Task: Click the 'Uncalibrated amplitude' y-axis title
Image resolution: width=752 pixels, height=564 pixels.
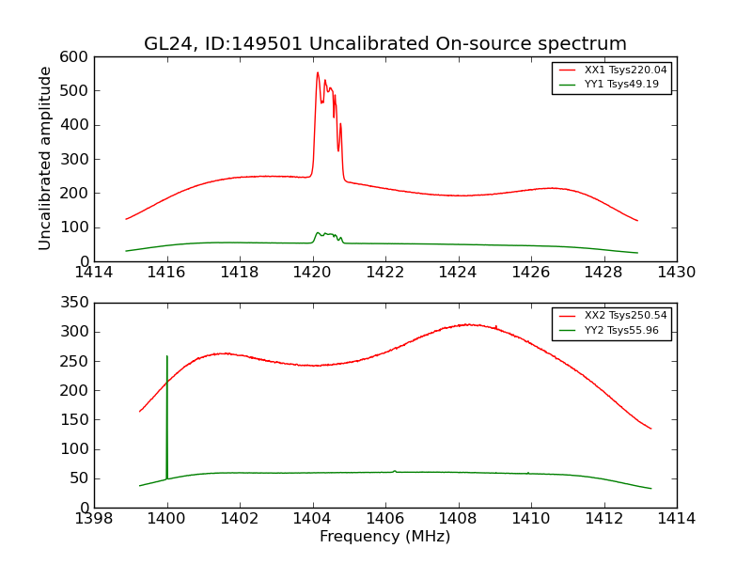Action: (45, 158)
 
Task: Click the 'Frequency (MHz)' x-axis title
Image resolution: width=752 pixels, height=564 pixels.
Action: (384, 537)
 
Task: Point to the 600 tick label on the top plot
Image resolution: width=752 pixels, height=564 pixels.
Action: (76, 57)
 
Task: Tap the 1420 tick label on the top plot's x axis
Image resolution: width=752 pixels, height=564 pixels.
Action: (312, 273)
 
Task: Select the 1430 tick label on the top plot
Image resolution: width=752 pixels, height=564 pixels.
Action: (676, 273)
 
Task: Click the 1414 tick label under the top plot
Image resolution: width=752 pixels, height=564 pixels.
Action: (95, 273)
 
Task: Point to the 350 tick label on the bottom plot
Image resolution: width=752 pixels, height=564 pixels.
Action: (76, 304)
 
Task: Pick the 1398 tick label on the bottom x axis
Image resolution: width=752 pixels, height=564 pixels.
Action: (95, 519)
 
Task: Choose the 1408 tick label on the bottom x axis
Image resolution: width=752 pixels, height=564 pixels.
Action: (458, 519)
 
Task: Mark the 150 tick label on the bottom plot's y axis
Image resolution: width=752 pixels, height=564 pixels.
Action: (76, 420)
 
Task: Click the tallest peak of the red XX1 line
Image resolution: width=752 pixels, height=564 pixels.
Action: (318, 73)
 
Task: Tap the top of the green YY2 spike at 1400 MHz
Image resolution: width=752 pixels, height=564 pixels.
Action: (167, 356)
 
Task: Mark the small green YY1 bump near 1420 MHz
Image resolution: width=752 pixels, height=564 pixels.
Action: (318, 233)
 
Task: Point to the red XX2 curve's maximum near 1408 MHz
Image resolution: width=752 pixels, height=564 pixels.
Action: (468, 324)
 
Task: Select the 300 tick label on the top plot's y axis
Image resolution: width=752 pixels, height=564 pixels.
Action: (76, 159)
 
